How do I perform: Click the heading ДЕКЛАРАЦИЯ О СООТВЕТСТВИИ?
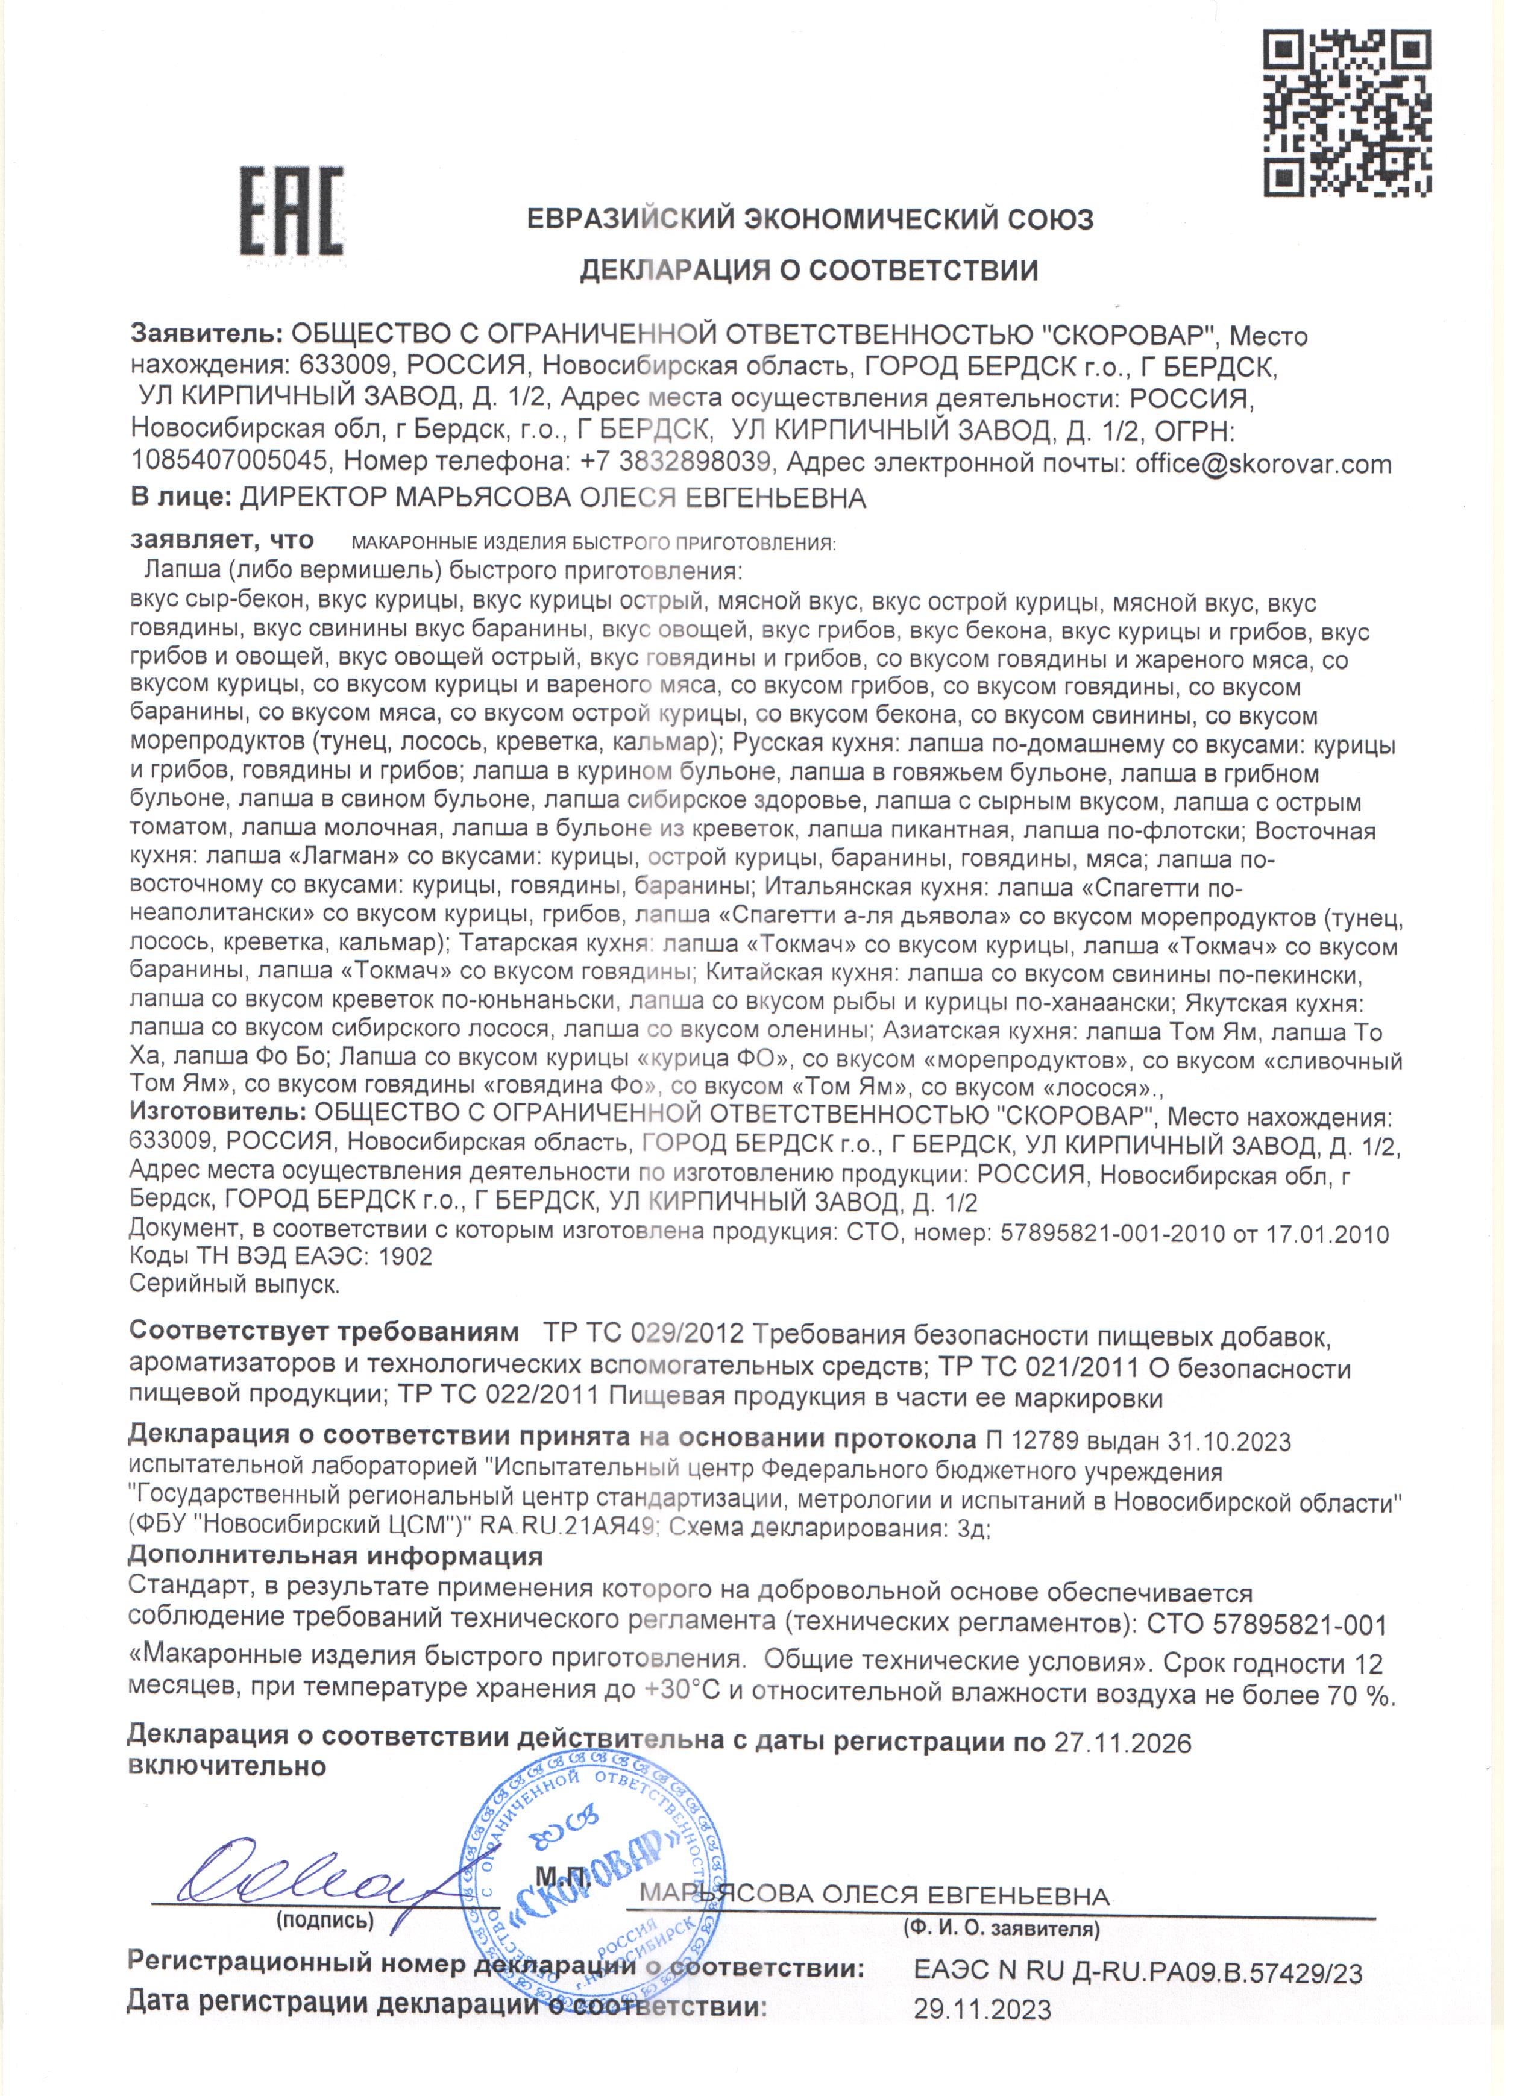click(808, 270)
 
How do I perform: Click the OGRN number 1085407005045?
click(229, 462)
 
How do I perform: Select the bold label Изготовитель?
click(217, 1114)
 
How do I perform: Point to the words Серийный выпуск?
click(234, 1285)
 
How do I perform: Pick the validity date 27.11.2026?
click(1122, 1742)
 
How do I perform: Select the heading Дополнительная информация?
click(335, 1555)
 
